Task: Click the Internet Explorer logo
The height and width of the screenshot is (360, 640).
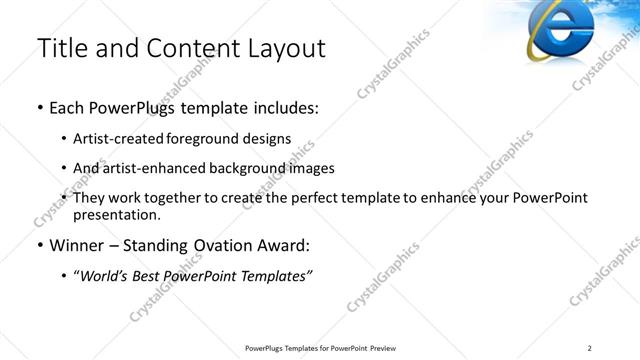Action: [x=558, y=30]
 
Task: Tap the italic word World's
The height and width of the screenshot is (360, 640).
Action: [x=105, y=276]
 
